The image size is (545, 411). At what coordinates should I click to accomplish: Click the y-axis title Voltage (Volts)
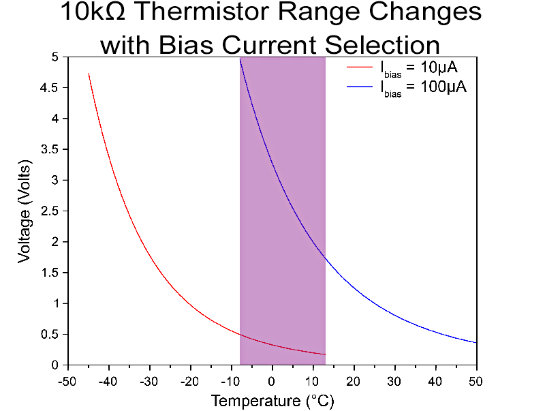[25, 211]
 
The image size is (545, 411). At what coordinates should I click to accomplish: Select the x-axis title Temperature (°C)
[272, 400]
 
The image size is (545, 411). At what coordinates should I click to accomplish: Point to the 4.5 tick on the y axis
[49, 88]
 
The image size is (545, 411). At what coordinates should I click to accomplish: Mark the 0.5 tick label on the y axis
[49, 334]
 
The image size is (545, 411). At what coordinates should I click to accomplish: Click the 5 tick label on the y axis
[54, 57]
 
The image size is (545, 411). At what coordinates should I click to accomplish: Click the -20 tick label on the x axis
[189, 379]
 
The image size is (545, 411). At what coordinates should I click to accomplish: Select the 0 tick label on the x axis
[272, 379]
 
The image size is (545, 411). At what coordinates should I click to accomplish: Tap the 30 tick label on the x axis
[394, 379]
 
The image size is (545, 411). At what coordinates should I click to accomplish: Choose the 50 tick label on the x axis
[476, 379]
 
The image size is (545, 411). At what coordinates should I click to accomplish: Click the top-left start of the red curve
[89, 74]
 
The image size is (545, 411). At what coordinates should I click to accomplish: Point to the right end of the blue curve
[476, 342]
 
